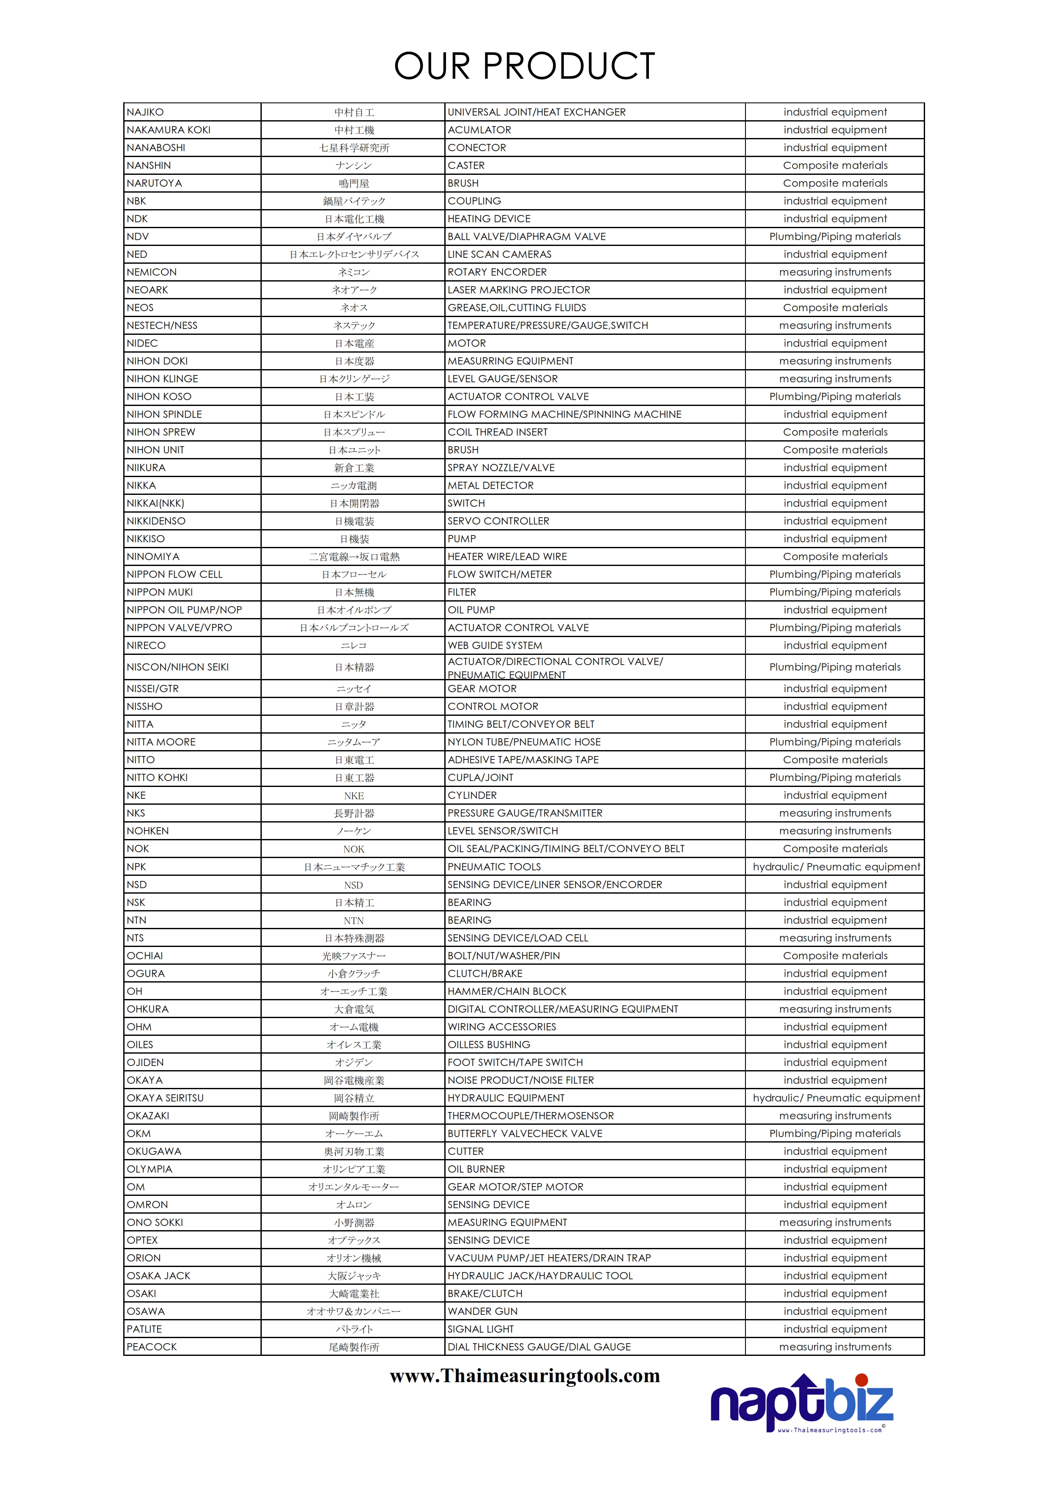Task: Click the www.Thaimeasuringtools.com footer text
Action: pos(525,1376)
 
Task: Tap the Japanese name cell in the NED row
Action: pos(354,254)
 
